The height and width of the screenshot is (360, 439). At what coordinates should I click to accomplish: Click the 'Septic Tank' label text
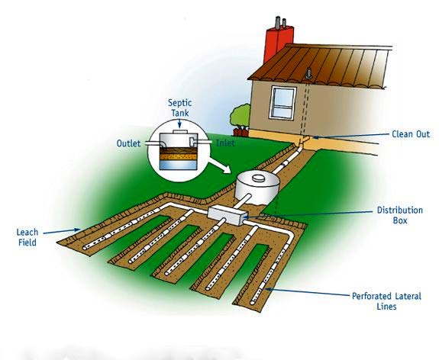tap(179, 108)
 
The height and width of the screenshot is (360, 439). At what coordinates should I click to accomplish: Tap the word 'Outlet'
tap(128, 143)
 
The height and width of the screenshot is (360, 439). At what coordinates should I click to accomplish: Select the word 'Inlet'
tap(225, 143)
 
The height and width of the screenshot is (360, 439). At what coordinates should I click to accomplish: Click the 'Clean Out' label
tap(411, 134)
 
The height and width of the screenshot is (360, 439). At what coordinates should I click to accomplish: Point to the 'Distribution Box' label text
tap(400, 215)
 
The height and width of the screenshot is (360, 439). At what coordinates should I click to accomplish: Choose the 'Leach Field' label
tap(27, 237)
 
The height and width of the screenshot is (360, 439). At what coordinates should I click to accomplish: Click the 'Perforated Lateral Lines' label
tap(386, 301)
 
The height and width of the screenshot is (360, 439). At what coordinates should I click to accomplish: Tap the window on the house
tap(282, 103)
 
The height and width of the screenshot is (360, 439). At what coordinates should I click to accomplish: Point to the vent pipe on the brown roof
tap(308, 72)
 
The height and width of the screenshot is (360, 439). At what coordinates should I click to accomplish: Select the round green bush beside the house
tap(240, 115)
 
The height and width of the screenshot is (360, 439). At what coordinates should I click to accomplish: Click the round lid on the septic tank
tap(258, 178)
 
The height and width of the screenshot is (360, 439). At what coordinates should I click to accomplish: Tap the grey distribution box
tap(228, 215)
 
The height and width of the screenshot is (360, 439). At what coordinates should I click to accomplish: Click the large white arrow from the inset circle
tap(220, 166)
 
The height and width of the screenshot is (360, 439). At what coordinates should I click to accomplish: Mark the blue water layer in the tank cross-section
tap(179, 165)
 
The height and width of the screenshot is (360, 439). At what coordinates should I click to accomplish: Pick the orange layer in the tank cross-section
tap(179, 156)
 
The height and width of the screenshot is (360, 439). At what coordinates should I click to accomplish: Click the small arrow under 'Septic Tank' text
tap(179, 123)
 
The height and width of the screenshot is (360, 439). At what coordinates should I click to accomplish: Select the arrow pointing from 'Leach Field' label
tap(62, 231)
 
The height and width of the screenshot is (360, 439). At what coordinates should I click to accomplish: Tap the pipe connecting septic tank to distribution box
tap(242, 201)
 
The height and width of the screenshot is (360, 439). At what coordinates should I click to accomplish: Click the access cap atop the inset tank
tap(179, 131)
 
